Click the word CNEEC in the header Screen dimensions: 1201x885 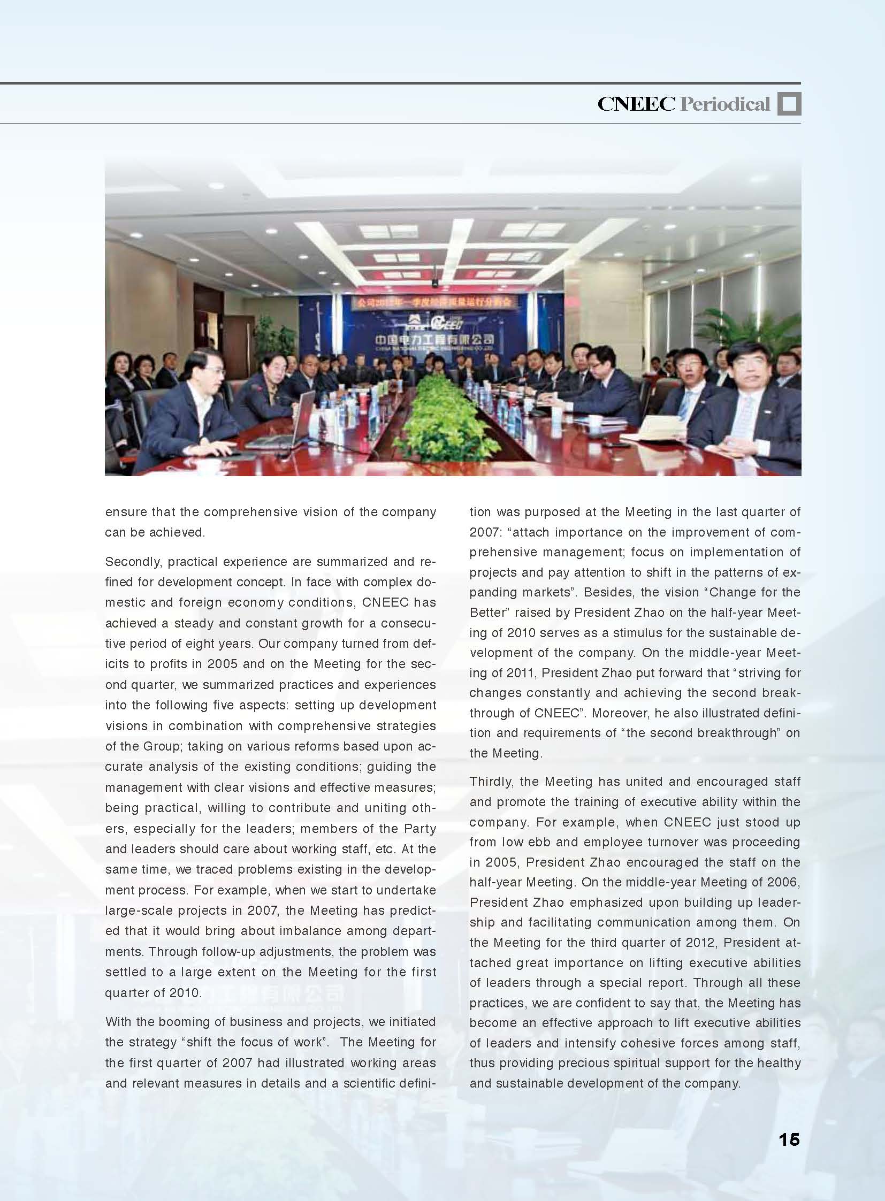point(636,104)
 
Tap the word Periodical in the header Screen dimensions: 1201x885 point(725,104)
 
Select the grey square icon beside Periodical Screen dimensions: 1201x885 point(789,104)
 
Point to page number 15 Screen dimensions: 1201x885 point(789,1139)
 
